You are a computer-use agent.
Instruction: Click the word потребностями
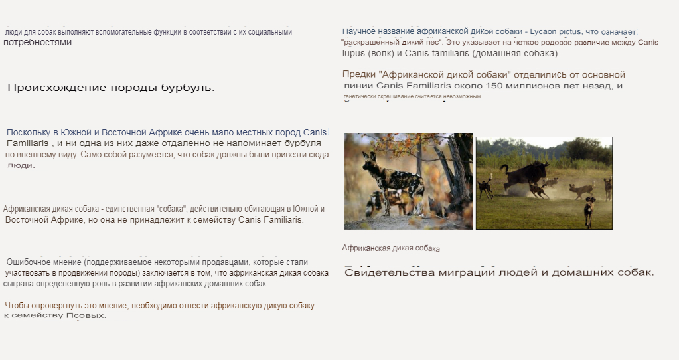[38, 42]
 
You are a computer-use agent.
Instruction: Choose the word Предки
[358, 75]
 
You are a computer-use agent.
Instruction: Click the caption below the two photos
[391, 248]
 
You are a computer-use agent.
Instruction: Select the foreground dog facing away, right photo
[589, 213]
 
